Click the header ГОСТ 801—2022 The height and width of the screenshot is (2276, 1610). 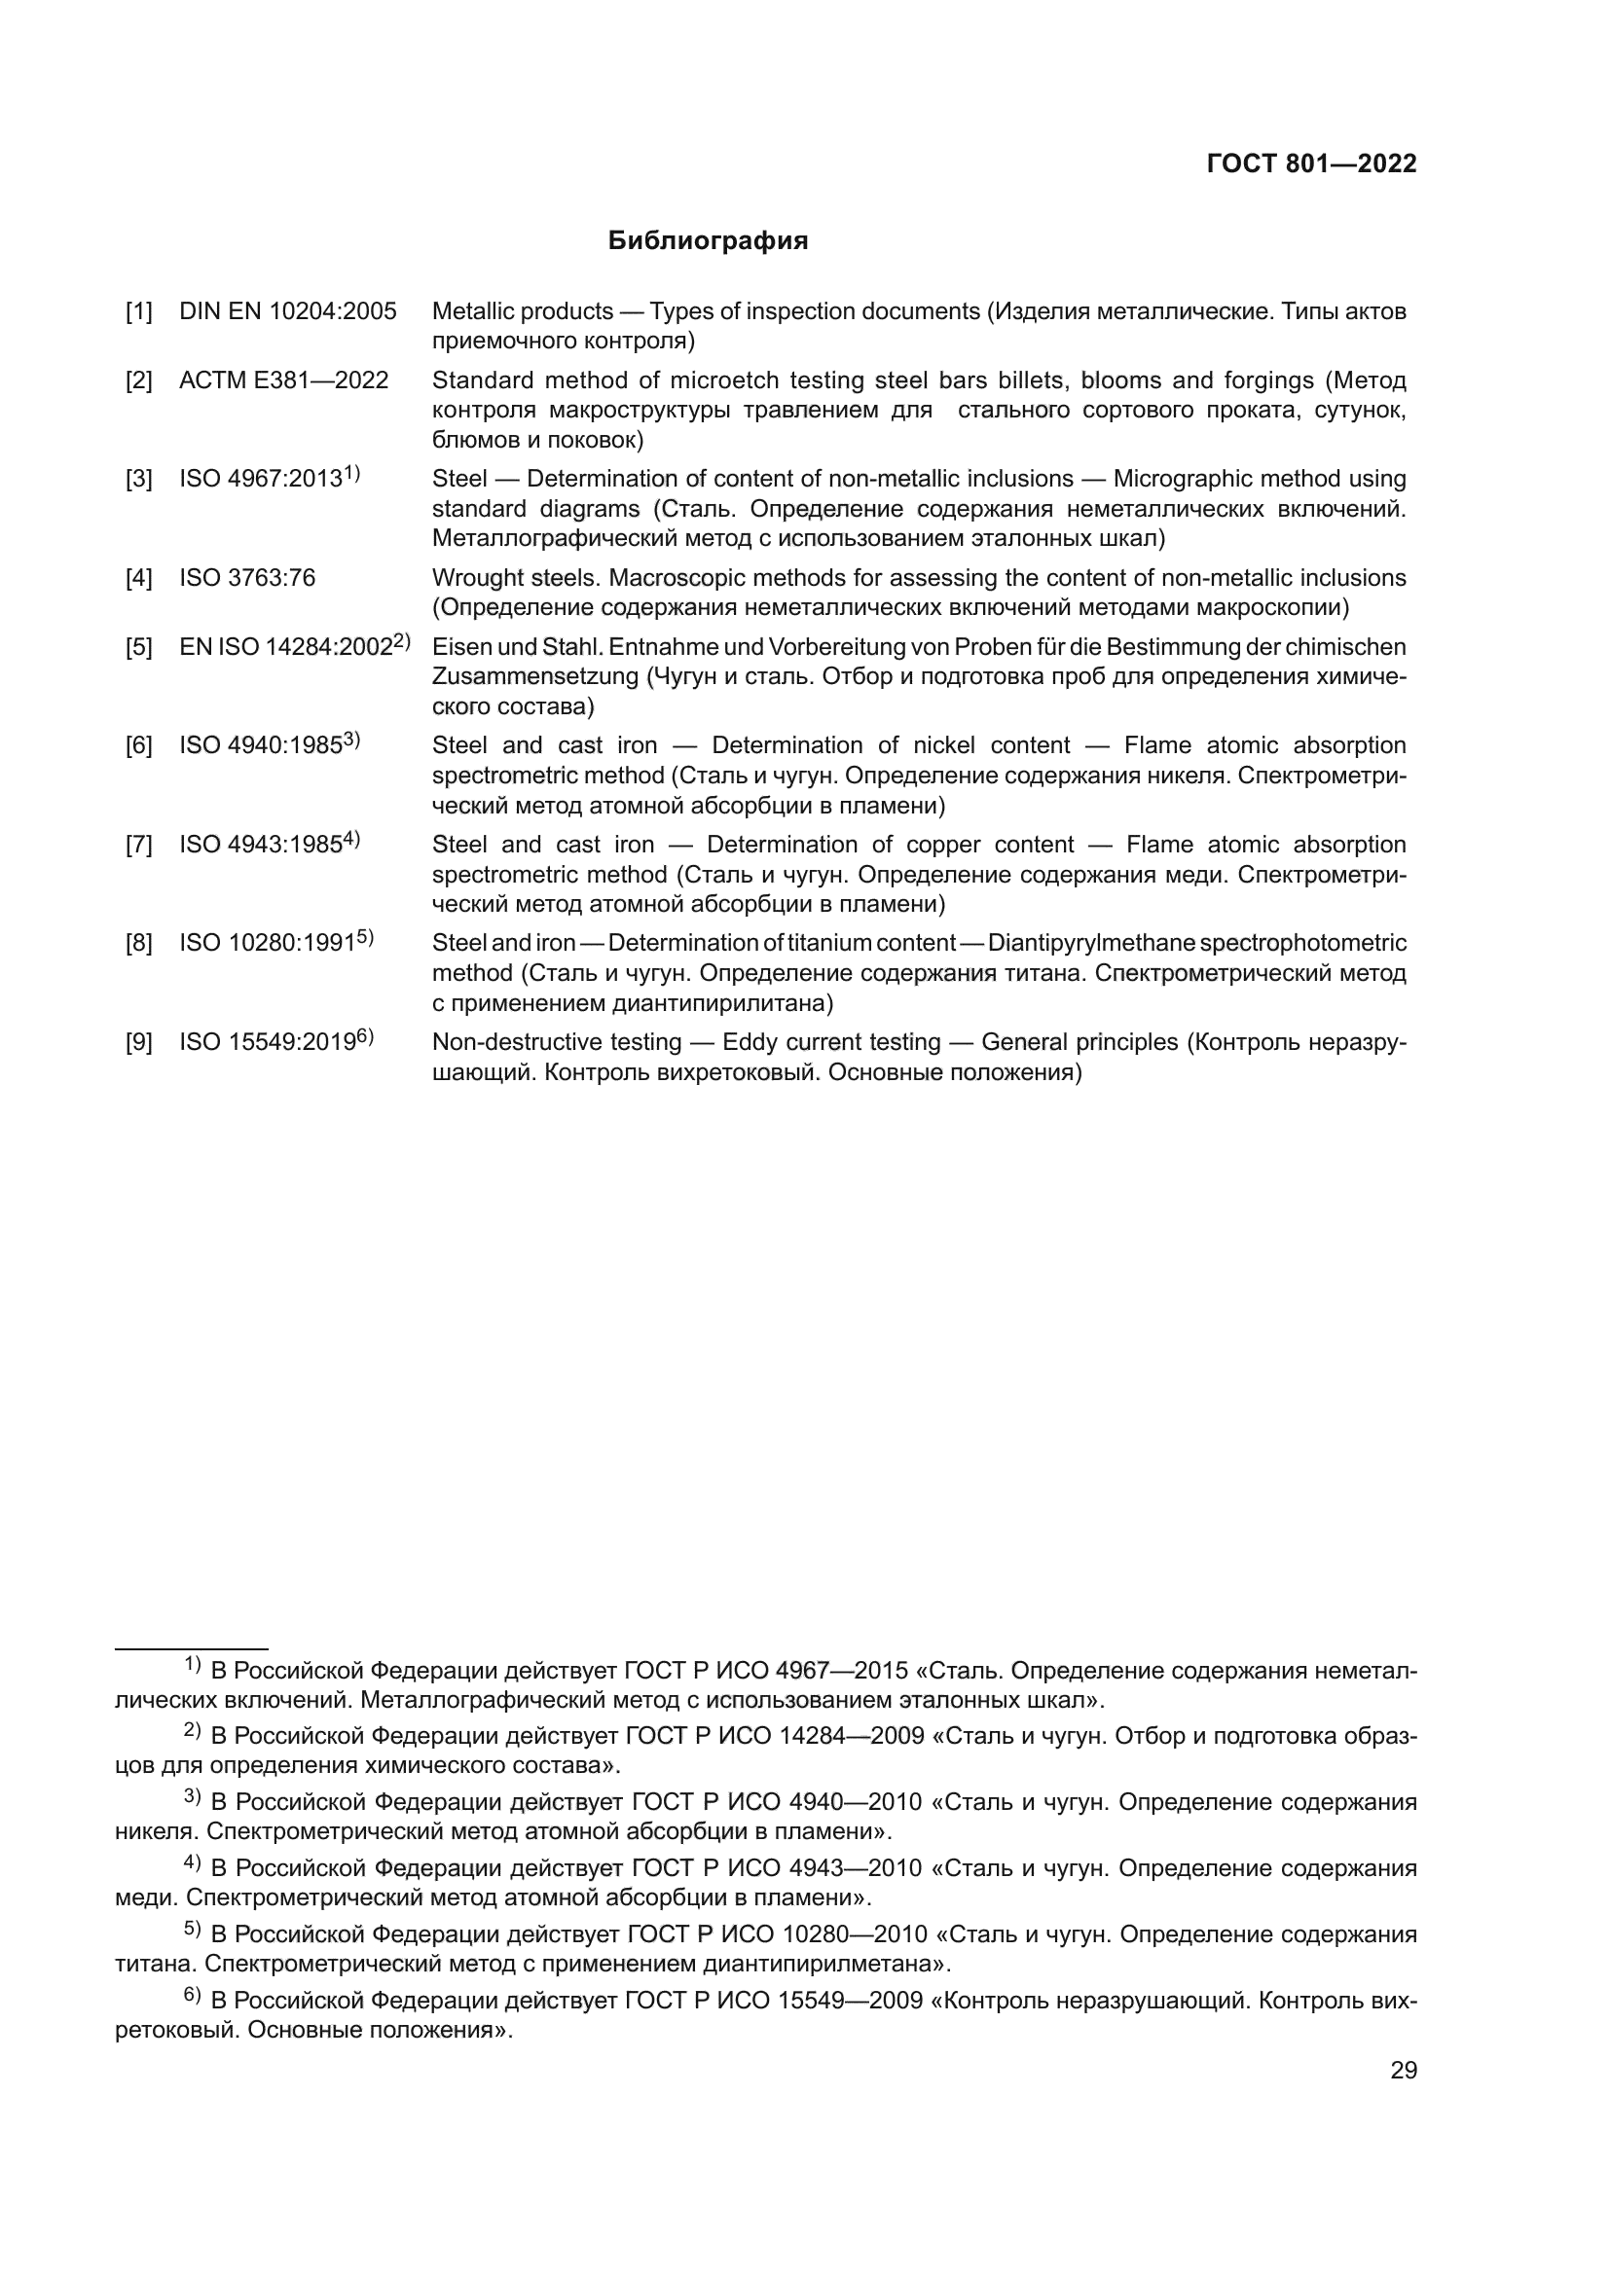[x=1310, y=164]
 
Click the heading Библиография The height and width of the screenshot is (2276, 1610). [x=708, y=241]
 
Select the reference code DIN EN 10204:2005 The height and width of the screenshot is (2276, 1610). [x=287, y=311]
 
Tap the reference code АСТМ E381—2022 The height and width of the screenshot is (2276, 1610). [x=283, y=380]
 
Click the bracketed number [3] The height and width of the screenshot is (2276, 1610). [x=139, y=480]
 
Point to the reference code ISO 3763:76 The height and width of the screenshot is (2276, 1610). [x=247, y=578]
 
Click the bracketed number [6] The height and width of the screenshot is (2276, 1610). [x=139, y=746]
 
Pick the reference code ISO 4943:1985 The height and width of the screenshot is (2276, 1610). [x=261, y=845]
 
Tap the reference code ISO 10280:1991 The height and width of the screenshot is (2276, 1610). [x=267, y=943]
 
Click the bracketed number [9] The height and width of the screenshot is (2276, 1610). [x=139, y=1043]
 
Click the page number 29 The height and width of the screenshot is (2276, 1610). [x=1403, y=2071]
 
